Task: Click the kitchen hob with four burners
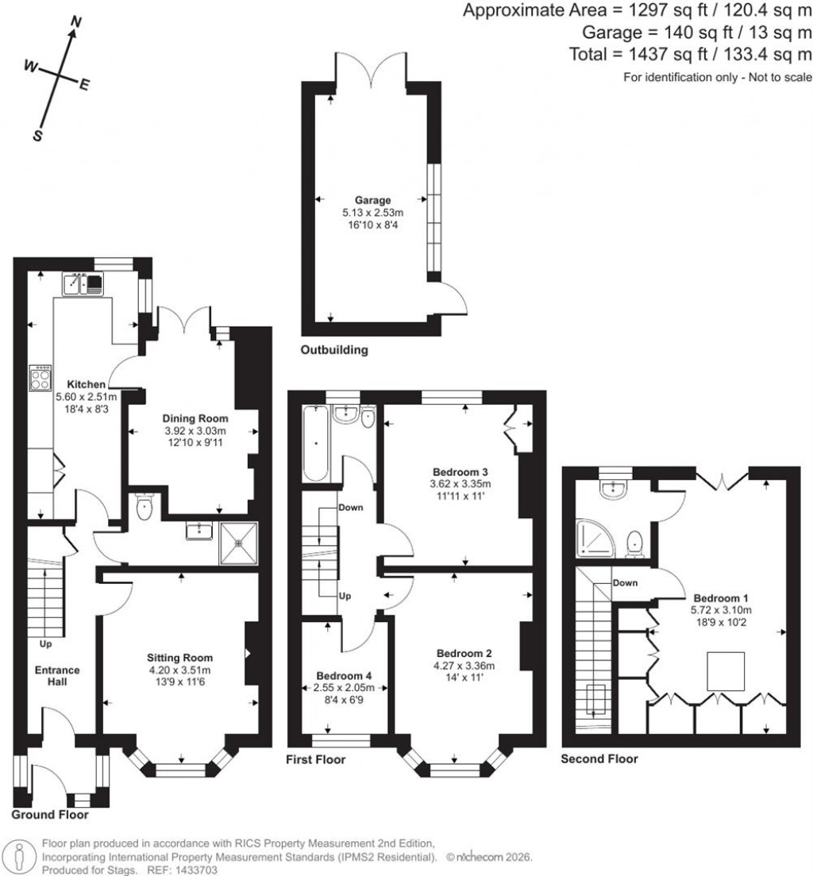pyautogui.click(x=40, y=378)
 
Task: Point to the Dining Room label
pyautogui.click(x=195, y=418)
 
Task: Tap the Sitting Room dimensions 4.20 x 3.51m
pyautogui.click(x=179, y=670)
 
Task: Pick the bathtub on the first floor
pyautogui.click(x=315, y=444)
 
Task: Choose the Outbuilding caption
pyautogui.click(x=333, y=350)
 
